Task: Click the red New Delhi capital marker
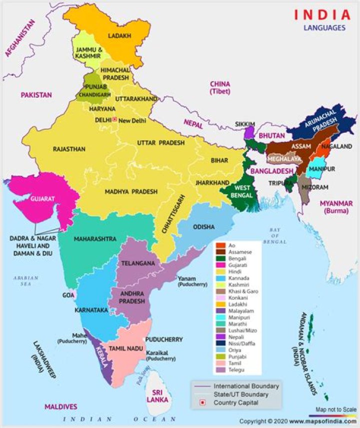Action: pyautogui.click(x=114, y=120)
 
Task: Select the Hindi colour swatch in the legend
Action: pyautogui.click(x=219, y=271)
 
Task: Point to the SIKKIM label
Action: pyautogui.click(x=245, y=124)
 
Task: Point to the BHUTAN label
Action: pyautogui.click(x=271, y=135)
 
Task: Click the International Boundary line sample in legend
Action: pyautogui.click(x=201, y=386)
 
